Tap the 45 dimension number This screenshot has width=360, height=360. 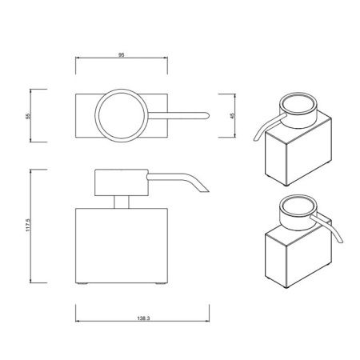coord(233,115)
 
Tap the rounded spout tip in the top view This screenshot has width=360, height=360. coord(205,115)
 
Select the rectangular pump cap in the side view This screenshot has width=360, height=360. coord(120,182)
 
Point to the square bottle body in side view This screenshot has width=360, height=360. coord(122,245)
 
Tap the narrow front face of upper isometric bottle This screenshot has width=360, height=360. coord(272,159)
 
